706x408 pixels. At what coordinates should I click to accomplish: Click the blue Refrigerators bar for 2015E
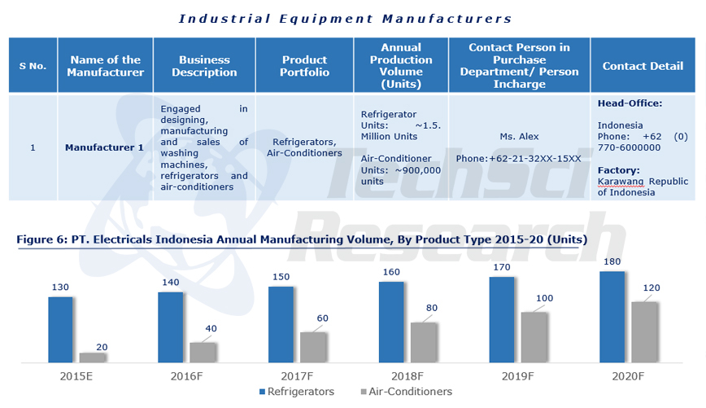pyautogui.click(x=60, y=329)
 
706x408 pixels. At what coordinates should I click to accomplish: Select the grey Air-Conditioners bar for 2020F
pyautogui.click(x=644, y=331)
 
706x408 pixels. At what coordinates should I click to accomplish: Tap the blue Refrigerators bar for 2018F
pyautogui.click(x=391, y=322)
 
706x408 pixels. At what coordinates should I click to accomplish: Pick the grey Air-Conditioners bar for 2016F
pyautogui.click(x=203, y=352)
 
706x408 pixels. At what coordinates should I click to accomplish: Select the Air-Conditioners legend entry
pyautogui.click(x=405, y=392)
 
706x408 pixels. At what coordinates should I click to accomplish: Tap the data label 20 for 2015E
pyautogui.click(x=102, y=347)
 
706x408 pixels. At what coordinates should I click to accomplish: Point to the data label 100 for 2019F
pyautogui.click(x=544, y=298)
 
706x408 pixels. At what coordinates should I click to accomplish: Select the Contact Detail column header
pyautogui.click(x=643, y=66)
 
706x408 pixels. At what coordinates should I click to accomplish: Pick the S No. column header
pyautogui.click(x=33, y=66)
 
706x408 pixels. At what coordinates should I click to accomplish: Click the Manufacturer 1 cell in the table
pyautogui.click(x=104, y=147)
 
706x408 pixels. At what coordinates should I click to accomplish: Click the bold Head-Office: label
pyautogui.click(x=630, y=103)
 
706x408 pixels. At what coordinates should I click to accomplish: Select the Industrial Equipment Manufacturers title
pyautogui.click(x=346, y=18)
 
